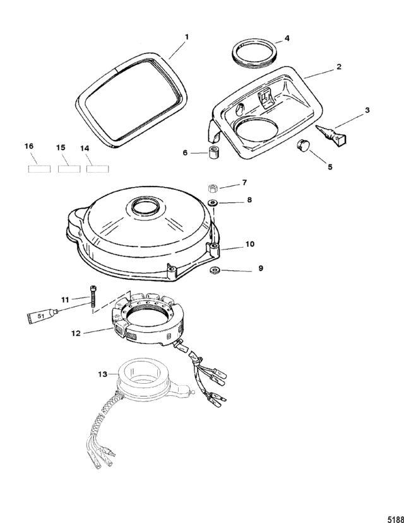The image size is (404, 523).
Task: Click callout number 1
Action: [x=186, y=37]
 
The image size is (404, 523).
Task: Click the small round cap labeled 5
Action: [x=306, y=146]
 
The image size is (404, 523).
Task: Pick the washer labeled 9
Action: [x=213, y=270]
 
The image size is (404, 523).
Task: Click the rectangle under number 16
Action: [x=39, y=169]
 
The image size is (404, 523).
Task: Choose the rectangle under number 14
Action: [x=98, y=169]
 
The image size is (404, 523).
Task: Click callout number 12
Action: [x=76, y=333]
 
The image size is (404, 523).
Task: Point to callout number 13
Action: [x=102, y=374]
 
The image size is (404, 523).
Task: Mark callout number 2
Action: [x=339, y=66]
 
